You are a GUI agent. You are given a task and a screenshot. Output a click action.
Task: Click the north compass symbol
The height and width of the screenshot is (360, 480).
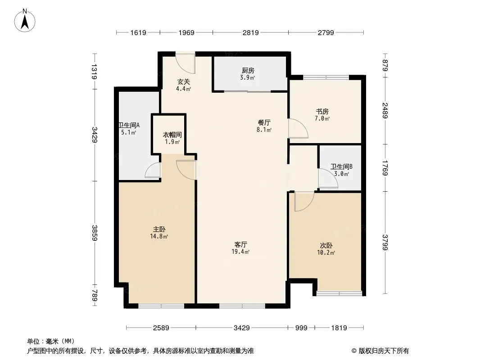(x=26, y=20)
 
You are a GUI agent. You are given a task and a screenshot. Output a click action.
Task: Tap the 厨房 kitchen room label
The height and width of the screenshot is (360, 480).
(x=248, y=71)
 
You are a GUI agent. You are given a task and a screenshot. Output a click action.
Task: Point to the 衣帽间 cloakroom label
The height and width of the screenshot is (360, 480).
(x=172, y=135)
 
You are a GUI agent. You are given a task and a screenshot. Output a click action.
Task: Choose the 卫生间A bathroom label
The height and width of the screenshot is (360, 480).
(x=129, y=126)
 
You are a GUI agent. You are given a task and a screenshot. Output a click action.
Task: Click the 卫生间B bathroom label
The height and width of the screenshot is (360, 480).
(x=341, y=166)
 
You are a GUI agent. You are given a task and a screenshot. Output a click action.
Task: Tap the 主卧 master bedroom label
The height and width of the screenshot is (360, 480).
(x=159, y=229)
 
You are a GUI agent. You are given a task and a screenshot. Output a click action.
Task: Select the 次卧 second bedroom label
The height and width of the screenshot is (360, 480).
(x=326, y=246)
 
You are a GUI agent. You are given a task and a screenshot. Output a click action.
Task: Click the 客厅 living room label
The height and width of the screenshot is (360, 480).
(x=241, y=244)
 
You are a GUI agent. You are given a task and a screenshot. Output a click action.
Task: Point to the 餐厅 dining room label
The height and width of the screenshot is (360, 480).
(x=264, y=122)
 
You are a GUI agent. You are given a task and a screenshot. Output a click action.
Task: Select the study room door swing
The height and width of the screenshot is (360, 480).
(x=298, y=129)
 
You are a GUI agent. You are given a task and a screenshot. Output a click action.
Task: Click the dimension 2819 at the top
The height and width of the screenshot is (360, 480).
(x=250, y=32)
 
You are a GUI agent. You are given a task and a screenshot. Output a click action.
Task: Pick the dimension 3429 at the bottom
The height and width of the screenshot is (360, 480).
(x=241, y=328)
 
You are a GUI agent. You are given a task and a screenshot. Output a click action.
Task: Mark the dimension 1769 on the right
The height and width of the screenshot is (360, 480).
(x=385, y=166)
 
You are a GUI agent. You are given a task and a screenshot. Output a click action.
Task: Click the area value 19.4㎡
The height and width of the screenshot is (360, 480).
(x=240, y=252)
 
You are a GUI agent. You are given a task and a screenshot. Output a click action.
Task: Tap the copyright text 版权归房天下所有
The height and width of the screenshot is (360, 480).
(x=380, y=351)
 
